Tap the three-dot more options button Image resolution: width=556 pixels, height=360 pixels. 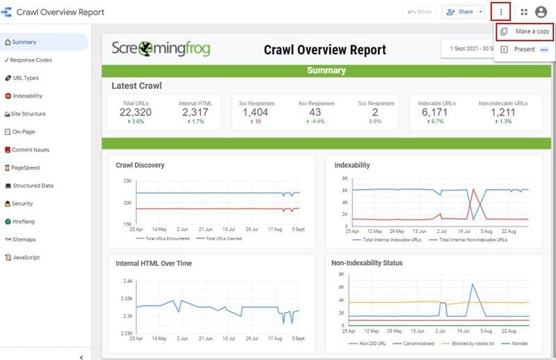tap(500, 12)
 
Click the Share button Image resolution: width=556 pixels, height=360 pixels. tap(460, 12)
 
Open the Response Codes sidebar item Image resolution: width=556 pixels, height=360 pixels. tap(31, 60)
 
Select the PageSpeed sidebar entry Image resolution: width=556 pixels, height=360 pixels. tap(26, 167)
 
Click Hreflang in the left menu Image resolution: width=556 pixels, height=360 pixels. tap(26, 222)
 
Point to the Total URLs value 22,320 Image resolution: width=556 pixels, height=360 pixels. tap(135, 112)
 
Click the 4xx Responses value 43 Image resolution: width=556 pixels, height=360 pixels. tap(316, 112)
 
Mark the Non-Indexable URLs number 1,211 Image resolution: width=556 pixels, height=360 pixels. tap(503, 112)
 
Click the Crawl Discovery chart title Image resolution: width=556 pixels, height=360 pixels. tap(140, 165)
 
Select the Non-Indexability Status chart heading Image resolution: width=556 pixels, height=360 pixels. tap(366, 263)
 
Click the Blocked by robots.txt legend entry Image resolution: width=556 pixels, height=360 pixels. tap(471, 343)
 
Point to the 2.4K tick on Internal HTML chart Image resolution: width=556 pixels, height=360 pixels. tap(127, 281)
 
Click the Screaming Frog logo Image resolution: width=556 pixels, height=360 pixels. tap(161, 49)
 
